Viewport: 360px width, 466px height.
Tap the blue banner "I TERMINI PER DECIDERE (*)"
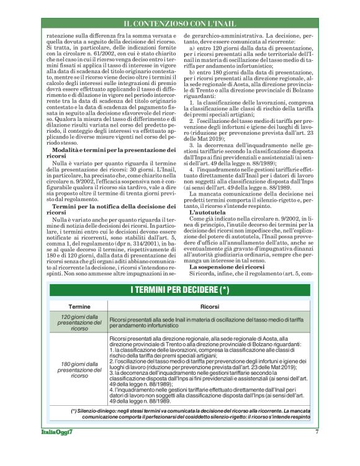pyautogui.click(x=180, y=290)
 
